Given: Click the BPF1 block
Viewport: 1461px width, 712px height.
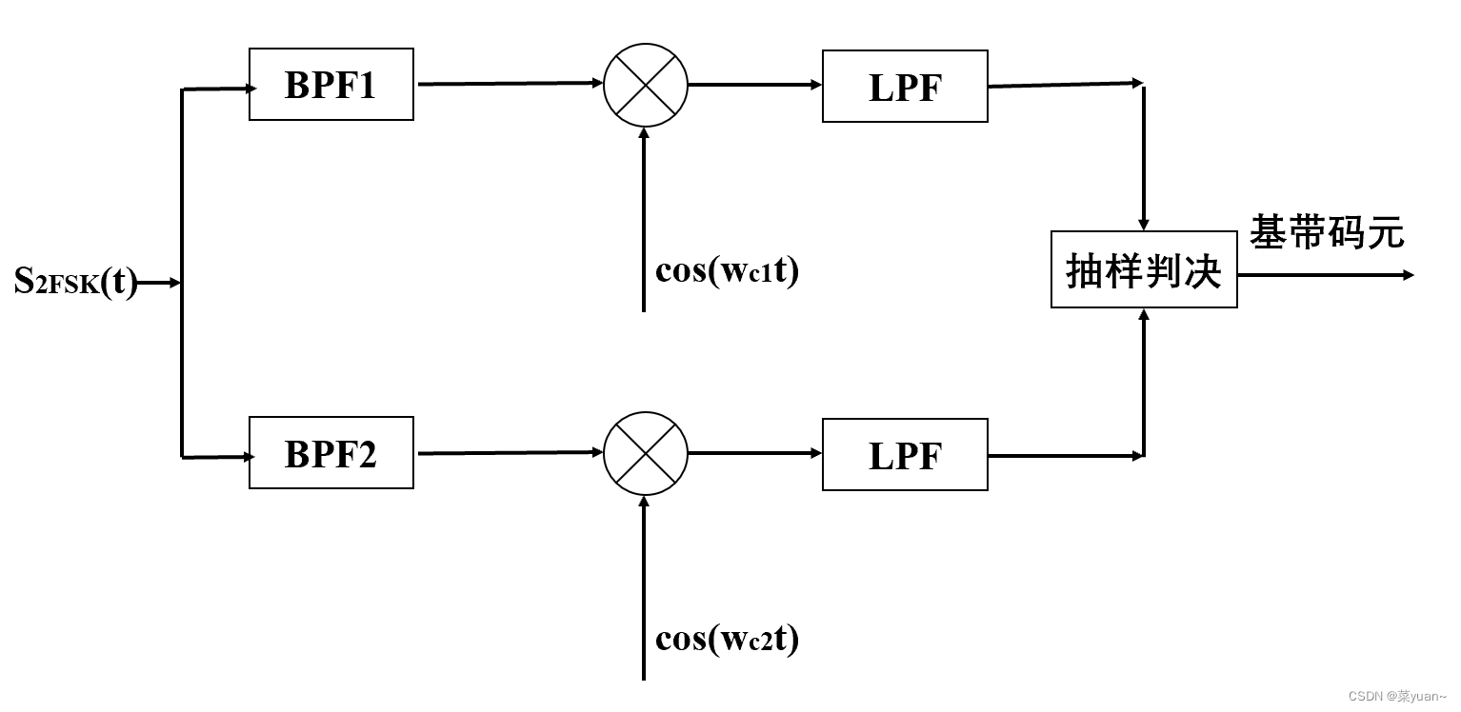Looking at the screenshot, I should coord(330,85).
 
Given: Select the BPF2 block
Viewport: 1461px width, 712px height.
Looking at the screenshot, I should coord(330,453).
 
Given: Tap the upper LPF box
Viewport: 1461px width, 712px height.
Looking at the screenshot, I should coord(904,87).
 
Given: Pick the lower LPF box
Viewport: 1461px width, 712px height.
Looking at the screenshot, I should coord(904,455).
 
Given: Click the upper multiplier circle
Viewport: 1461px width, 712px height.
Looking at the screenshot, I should coord(645,84).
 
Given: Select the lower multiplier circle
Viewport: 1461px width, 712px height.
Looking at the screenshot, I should coord(645,453).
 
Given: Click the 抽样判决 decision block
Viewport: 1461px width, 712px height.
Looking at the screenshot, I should coord(1143,269).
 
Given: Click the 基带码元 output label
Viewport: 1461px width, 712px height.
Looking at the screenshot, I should coord(1327,231).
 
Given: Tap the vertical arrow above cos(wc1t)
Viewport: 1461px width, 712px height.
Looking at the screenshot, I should coord(644,219).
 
